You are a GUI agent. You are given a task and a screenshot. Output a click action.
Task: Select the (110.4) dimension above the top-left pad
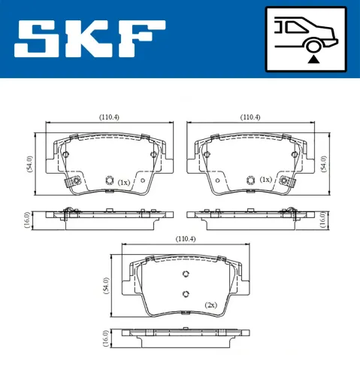[110, 117]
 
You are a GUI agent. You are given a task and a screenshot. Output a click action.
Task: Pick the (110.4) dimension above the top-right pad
[250, 117]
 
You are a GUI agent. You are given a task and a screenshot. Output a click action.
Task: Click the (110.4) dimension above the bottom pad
[185, 238]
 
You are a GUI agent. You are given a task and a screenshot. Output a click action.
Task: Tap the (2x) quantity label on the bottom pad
[211, 305]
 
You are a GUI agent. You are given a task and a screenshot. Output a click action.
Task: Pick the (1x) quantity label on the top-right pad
[265, 180]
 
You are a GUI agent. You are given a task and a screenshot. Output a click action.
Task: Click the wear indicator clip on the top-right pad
[286, 180]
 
